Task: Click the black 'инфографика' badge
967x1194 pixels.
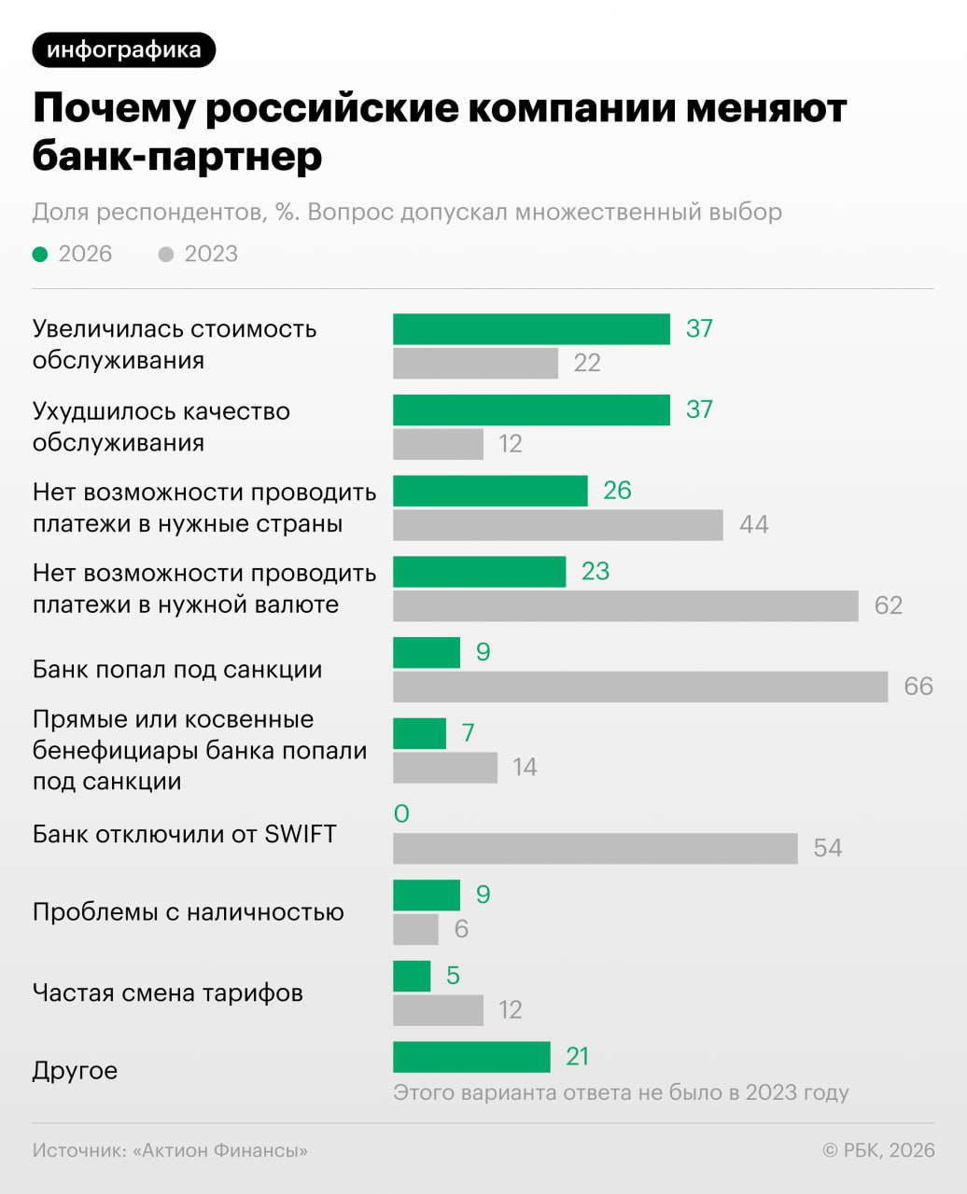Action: coord(123,49)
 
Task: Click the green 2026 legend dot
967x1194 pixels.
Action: coord(40,254)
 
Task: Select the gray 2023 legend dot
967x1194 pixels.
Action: coord(166,254)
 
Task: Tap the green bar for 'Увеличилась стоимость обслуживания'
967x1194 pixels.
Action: coord(531,329)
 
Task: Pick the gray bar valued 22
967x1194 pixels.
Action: coord(475,363)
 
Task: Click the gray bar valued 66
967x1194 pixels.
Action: coord(640,687)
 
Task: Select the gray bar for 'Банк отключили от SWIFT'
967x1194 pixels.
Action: coord(596,848)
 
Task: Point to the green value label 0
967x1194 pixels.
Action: coord(401,813)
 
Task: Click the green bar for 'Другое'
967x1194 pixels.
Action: coord(471,1057)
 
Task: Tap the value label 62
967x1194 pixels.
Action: coord(888,605)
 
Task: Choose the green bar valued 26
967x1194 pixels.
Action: coord(490,491)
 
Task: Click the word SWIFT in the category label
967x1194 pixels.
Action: coord(300,834)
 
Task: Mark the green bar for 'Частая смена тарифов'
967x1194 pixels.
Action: coord(412,976)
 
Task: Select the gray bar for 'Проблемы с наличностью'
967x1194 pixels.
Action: coord(415,929)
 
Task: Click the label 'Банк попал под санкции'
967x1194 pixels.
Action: coord(177,670)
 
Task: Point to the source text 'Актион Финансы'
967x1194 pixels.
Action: coord(220,1150)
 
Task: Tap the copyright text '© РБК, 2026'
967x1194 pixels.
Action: coord(878,1150)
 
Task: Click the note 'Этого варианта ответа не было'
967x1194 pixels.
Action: coord(621,1092)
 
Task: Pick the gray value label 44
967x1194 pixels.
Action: coord(753,524)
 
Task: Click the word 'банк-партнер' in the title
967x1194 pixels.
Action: coord(177,156)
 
